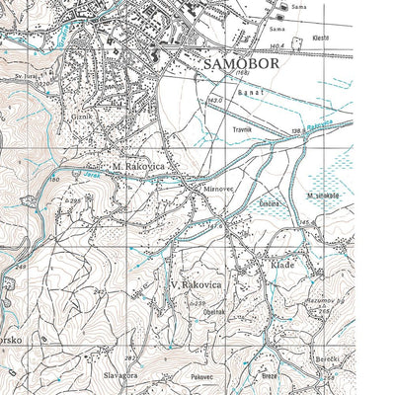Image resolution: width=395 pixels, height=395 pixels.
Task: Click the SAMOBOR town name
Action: pos(242,62)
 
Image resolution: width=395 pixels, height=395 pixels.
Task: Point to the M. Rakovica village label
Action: pos(138,167)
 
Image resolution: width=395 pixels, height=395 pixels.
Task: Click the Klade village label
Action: pos(282,265)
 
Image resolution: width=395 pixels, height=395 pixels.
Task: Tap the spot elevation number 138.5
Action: pos(296,131)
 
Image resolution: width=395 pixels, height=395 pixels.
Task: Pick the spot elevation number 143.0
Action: pos(214,101)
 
